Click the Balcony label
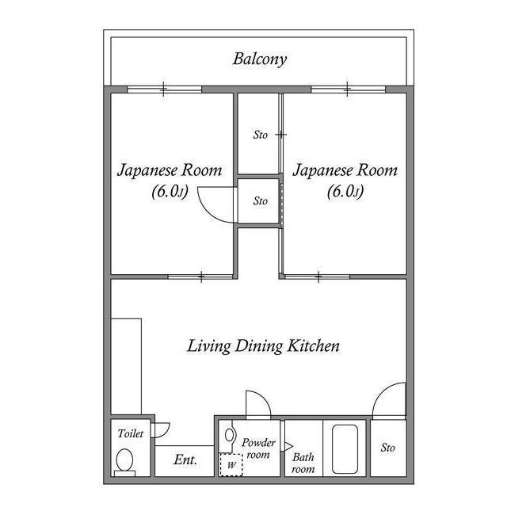259,59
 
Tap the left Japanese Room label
170,180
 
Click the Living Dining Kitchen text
263,346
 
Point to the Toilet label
131,434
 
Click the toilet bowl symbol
125,459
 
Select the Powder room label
258,448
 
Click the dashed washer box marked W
231,464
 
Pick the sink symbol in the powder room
230,435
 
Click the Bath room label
303,463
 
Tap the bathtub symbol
347,449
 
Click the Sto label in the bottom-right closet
387,448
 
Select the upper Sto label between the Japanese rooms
260,135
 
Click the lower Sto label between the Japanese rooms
260,201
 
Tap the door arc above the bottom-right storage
389,400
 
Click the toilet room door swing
162,429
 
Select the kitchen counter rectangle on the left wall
126,366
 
